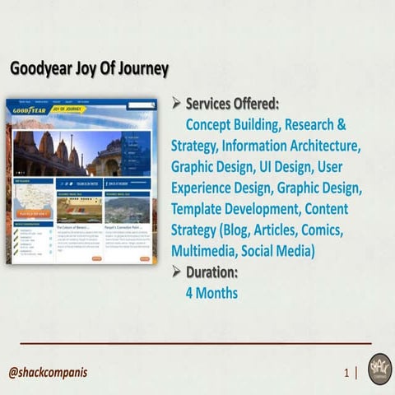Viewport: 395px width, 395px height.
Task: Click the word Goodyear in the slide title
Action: (39, 69)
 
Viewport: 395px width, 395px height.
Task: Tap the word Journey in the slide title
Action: (141, 69)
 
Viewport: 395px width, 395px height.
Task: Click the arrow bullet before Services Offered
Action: (177, 105)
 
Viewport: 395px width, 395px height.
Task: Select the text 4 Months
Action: (212, 292)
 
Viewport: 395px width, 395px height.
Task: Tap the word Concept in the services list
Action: (213, 125)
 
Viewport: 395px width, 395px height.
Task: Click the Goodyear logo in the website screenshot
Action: (28, 109)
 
